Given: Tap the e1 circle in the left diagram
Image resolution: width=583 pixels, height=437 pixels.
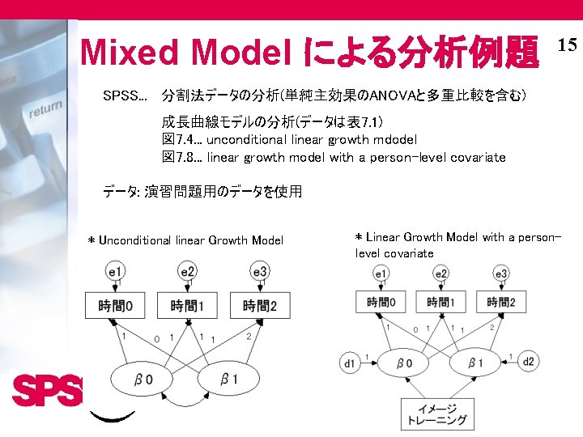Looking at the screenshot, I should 116,272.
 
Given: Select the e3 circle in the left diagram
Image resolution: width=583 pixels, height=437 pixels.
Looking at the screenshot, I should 259,272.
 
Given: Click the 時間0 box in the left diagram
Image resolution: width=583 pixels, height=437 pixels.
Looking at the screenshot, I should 116,306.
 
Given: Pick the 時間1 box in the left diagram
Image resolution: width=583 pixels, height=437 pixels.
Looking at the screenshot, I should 188,306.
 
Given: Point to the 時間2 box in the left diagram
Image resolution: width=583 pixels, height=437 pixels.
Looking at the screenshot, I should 259,306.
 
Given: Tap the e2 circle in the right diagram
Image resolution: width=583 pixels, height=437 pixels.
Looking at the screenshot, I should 441,274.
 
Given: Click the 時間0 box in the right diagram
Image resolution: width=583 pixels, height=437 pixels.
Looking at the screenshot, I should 381,303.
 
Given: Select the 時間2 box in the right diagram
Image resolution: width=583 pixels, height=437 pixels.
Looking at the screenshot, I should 500,303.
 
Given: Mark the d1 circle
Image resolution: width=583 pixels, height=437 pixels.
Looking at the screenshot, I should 350,363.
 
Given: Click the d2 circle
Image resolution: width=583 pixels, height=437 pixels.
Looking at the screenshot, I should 528,361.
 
